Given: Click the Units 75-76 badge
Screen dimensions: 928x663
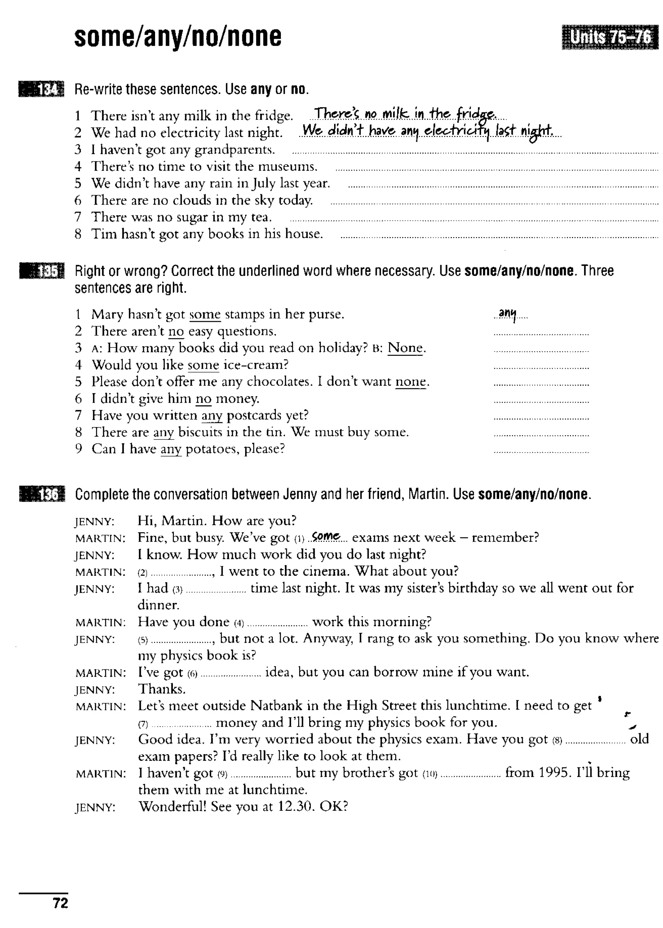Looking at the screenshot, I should (610, 37).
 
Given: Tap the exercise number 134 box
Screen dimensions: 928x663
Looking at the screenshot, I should (41, 89).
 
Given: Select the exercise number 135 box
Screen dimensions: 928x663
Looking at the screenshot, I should (42, 271).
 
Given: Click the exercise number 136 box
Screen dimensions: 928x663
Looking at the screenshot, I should (42, 494).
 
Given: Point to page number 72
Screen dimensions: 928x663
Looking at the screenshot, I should (61, 903).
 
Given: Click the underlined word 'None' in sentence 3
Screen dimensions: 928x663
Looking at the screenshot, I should (405, 348).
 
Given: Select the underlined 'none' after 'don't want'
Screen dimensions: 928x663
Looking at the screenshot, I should (411, 382).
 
